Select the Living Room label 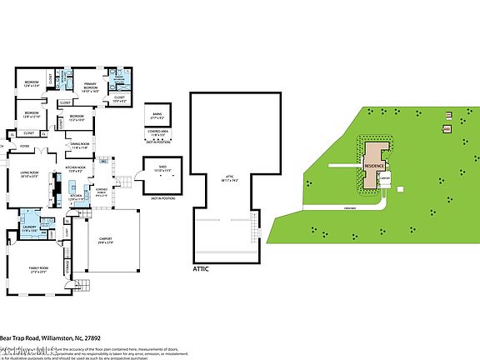tap(29, 174)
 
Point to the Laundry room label tap(29, 226)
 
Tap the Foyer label tap(25, 146)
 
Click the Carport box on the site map tap(386, 177)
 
